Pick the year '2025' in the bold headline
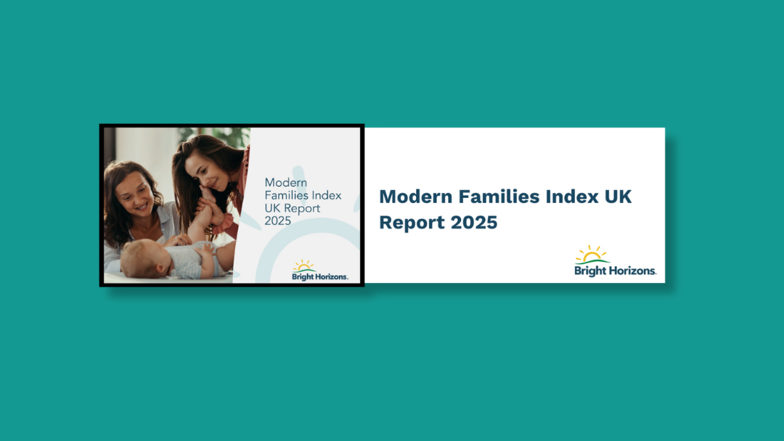[474, 223]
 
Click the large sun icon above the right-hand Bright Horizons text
[592, 255]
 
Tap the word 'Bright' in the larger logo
[591, 271]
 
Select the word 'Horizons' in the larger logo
[632, 271]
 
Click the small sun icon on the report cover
[303, 266]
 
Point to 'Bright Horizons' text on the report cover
[320, 276]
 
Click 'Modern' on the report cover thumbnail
[285, 183]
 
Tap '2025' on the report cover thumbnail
[278, 220]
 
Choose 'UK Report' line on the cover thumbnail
[293, 208]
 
